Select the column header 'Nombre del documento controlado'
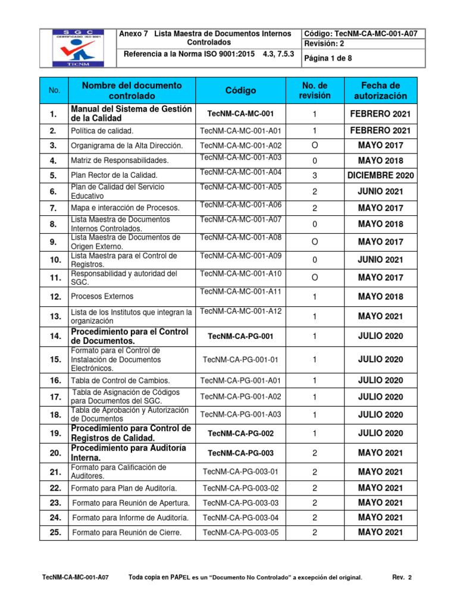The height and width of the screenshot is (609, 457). coord(132,90)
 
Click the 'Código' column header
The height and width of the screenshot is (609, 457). coord(240,90)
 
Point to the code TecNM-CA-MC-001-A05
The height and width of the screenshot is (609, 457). coord(240,187)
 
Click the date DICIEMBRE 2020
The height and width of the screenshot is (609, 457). coord(380,175)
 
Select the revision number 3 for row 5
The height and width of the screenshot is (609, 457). coord(314,175)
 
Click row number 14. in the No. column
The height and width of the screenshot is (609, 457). coord(55,336)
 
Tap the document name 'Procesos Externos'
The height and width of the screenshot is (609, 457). coord(102,296)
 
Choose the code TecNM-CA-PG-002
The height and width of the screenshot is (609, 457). coord(240,434)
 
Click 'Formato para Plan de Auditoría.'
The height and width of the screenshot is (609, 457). coord(124,488)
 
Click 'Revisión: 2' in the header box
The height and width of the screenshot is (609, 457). coord(325,43)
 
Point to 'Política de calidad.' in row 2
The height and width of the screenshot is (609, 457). coord(102,131)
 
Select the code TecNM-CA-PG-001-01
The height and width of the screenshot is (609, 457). coord(240,359)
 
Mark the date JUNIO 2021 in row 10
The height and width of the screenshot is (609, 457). coord(380,260)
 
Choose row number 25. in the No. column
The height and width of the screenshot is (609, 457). coord(55,532)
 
